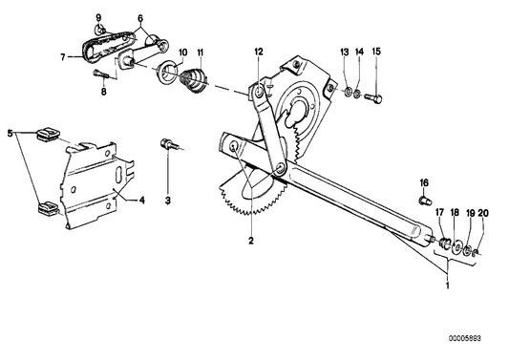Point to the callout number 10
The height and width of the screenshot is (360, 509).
pyautogui.click(x=181, y=51)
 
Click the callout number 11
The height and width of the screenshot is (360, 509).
pyautogui.click(x=201, y=51)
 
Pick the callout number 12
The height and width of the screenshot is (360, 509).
pyautogui.click(x=258, y=50)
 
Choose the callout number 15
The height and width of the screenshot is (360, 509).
pyautogui.click(x=375, y=50)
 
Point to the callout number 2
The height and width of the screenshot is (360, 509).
pyautogui.click(x=251, y=242)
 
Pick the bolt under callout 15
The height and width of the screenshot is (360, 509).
pyautogui.click(x=376, y=95)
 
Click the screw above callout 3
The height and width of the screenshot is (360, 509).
pyautogui.click(x=168, y=144)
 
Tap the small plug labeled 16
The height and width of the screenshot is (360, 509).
pyautogui.click(x=424, y=201)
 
